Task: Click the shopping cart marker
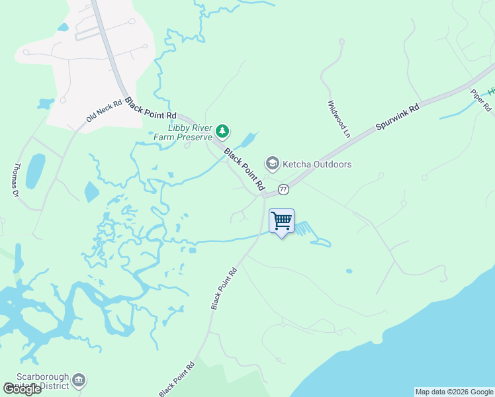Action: click(282, 221)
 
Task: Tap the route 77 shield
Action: click(283, 189)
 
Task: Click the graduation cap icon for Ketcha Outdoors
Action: click(271, 163)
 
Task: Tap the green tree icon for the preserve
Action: click(222, 132)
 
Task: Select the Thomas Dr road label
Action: click(17, 181)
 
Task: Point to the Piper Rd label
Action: click(481, 99)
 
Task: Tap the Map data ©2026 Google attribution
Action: click(454, 392)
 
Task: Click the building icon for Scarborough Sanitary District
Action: click(79, 379)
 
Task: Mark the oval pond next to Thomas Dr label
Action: click(35, 171)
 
